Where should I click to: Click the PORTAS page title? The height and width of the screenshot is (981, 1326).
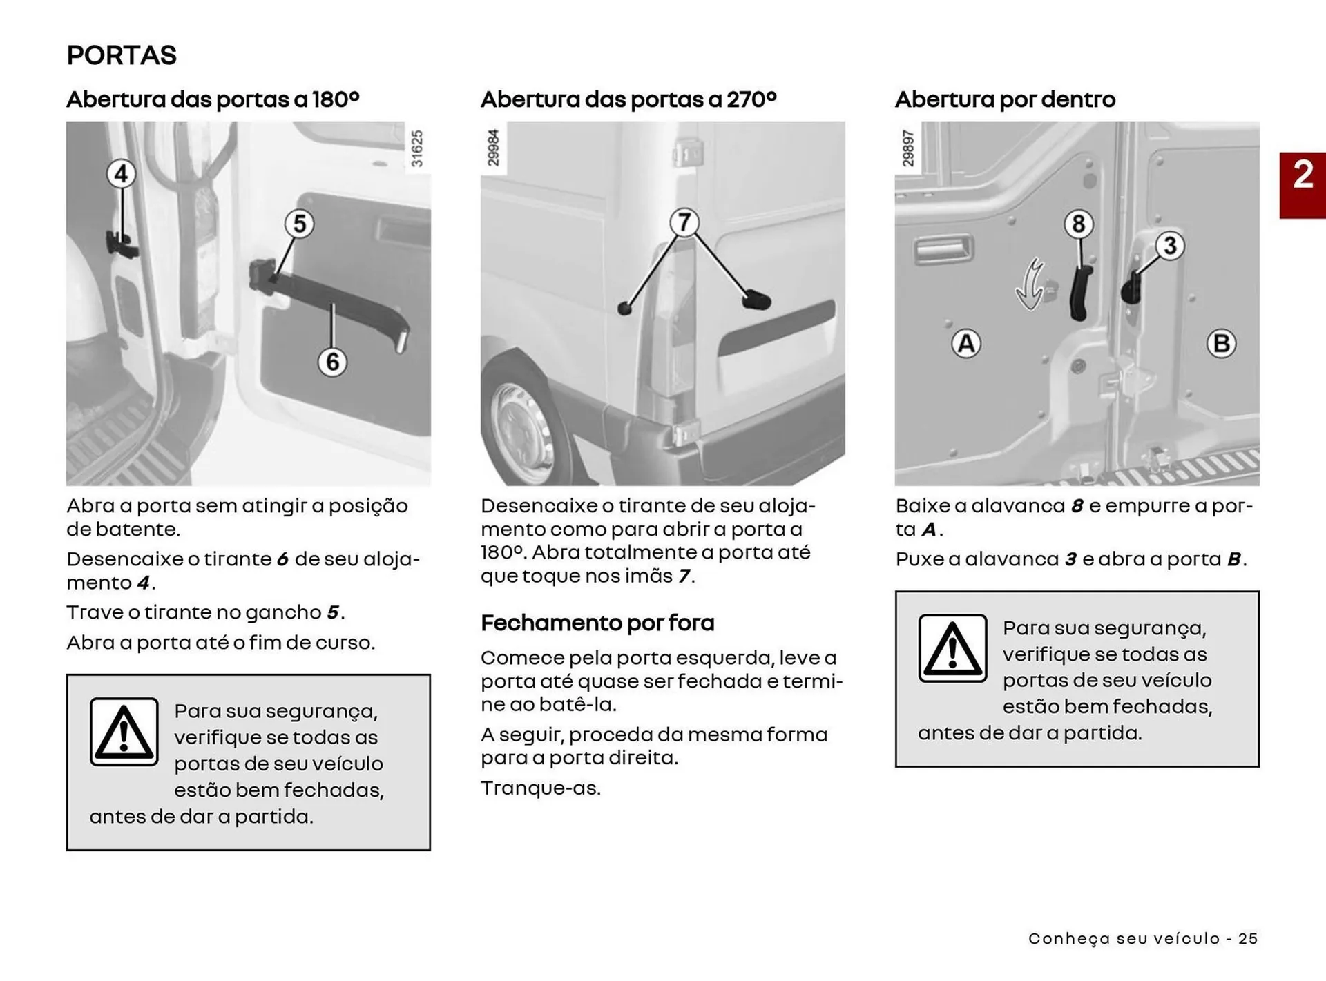click(122, 55)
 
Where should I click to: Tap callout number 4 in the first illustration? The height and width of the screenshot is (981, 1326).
click(121, 173)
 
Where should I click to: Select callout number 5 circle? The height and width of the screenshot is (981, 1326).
click(299, 224)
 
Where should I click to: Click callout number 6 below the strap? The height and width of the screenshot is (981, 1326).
click(332, 362)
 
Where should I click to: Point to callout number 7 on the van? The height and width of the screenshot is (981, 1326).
click(684, 222)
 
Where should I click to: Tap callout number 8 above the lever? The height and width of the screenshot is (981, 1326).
click(1078, 224)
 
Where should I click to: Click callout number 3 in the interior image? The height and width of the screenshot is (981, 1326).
click(1169, 246)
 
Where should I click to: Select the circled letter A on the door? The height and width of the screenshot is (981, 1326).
click(966, 343)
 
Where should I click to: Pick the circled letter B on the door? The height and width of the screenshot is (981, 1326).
click(1220, 343)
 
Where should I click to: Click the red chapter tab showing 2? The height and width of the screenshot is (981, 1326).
click(1302, 185)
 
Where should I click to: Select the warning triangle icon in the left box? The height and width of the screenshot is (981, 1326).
click(124, 732)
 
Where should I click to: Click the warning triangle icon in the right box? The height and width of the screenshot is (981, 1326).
click(952, 648)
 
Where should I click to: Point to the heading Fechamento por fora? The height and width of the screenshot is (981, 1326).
click(597, 623)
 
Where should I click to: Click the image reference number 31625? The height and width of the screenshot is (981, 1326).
click(416, 148)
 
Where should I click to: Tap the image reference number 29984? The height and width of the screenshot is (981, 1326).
click(493, 148)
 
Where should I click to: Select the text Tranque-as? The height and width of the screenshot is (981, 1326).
click(541, 788)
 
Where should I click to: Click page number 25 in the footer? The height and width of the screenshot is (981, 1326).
click(1247, 938)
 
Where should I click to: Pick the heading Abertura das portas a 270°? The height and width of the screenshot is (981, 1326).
click(628, 99)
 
